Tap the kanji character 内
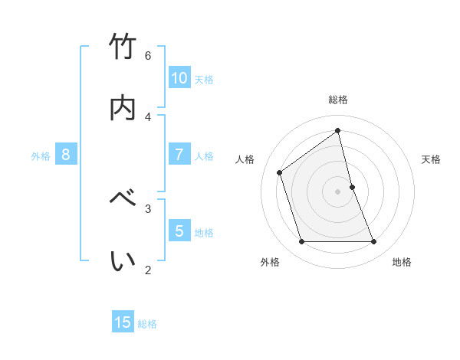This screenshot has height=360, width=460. point(123,107)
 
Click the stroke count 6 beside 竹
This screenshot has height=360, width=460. point(148,56)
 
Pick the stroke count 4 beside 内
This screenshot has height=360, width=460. point(148,116)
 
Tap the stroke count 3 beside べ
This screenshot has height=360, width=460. point(148,208)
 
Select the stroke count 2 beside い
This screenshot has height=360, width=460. point(148,270)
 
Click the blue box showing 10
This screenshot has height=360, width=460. point(179,77)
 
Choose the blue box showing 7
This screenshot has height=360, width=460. point(179,154)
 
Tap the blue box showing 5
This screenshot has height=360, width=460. point(179,231)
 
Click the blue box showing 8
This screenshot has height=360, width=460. point(66,154)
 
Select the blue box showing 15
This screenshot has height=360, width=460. point(123,322)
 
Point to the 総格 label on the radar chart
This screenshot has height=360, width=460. point(338,100)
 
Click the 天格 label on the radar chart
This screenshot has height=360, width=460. point(432,159)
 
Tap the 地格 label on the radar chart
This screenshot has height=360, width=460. point(402,262)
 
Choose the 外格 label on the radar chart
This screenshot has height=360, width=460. point(270,262)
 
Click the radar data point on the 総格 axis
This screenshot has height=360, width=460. point(338,131)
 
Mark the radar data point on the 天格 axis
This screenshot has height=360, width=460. point(352,187)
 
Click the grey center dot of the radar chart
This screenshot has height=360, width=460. point(338,191)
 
